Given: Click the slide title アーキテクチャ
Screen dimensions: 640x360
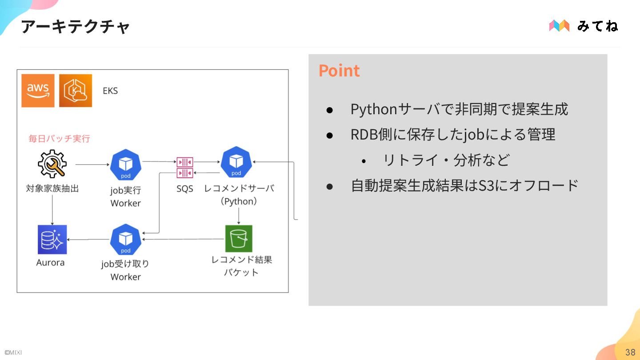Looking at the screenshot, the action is pos(75,27).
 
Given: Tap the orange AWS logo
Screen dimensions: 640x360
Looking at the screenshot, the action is pos(38,91).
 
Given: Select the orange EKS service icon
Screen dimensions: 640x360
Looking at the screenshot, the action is pos(75,91).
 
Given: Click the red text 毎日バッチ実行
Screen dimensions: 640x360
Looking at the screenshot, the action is pos(59,139).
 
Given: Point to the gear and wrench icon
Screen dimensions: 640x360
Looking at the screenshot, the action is pos(52,164).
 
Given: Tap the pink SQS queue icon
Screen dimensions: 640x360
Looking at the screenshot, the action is pos(184,167).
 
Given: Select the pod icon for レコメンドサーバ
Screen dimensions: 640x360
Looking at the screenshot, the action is pos(236,163).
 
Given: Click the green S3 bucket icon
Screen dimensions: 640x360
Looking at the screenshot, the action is pos(239,239).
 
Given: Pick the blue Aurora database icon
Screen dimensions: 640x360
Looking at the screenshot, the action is pos(52,239).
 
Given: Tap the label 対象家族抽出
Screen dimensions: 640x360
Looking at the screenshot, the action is pos(52,189).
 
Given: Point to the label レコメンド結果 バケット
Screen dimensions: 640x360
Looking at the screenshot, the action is pos(241,266).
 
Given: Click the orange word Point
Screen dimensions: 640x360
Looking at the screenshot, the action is pos(339,71).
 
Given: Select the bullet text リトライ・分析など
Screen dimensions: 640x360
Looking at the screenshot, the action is pos(446,160).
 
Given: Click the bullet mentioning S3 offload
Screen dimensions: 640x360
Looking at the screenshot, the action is pos(464,185).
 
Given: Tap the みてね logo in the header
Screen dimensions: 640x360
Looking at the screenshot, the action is pos(583,26).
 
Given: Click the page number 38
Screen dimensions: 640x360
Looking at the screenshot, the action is pos(630,352).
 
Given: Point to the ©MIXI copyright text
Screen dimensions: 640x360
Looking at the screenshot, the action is pos(13,353).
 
